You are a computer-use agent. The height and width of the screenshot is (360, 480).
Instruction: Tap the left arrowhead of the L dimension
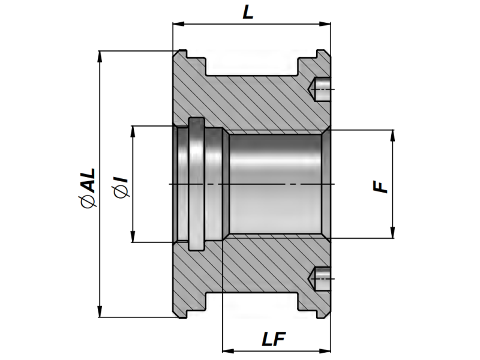click(178, 25)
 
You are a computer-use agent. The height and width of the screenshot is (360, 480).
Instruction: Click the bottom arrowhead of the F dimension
click(392, 233)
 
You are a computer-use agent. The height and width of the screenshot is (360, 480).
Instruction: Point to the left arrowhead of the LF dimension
click(227, 350)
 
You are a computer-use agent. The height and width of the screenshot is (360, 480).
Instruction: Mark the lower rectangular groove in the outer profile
click(253, 301)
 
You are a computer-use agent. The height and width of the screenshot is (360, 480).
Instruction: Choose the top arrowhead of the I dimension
click(133, 131)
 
